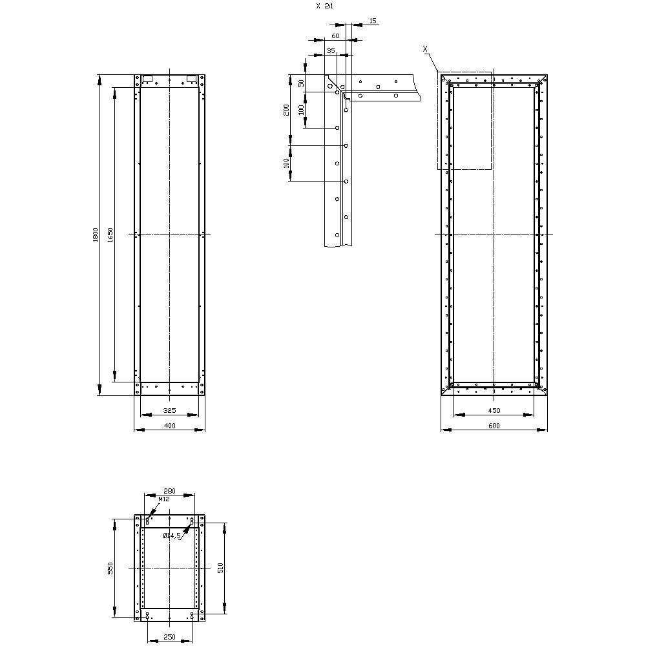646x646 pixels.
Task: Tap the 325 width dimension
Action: click(x=169, y=410)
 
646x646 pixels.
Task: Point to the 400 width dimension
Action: click(x=169, y=426)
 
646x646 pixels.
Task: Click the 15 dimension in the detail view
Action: click(x=373, y=21)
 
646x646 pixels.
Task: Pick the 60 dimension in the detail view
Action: click(x=335, y=36)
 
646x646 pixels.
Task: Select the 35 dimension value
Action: click(x=331, y=50)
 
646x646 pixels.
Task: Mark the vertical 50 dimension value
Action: click(x=301, y=83)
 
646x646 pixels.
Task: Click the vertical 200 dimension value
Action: click(x=286, y=110)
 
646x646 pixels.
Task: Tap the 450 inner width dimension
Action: click(x=494, y=410)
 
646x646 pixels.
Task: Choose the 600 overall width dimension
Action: click(x=494, y=426)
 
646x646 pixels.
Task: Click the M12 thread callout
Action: click(x=163, y=499)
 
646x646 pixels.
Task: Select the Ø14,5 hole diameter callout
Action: click(x=172, y=536)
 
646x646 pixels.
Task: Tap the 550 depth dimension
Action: click(x=110, y=567)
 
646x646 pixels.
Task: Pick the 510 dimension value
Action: click(x=220, y=567)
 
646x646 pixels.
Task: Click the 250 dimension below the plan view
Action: click(x=169, y=637)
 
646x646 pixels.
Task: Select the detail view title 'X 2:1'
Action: click(x=325, y=6)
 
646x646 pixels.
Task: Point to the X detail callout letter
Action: click(x=424, y=48)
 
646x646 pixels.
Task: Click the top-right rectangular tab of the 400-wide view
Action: click(x=191, y=79)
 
